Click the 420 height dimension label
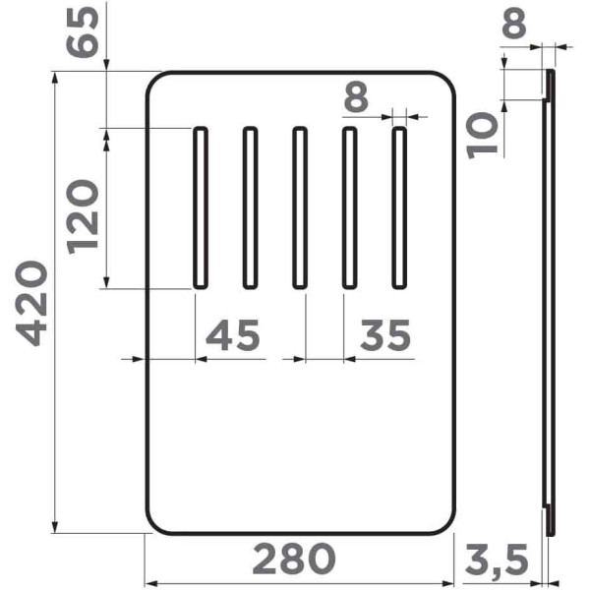[34, 303]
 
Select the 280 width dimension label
[294, 560]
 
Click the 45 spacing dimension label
[233, 336]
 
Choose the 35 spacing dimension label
[384, 336]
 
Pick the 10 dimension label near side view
[483, 135]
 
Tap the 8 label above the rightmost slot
[356, 97]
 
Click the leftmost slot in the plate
[200, 207]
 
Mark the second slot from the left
[250, 207]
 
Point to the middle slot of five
[300, 207]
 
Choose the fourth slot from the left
[349, 207]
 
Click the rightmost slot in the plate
[399, 207]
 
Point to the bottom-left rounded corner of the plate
[155, 523]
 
